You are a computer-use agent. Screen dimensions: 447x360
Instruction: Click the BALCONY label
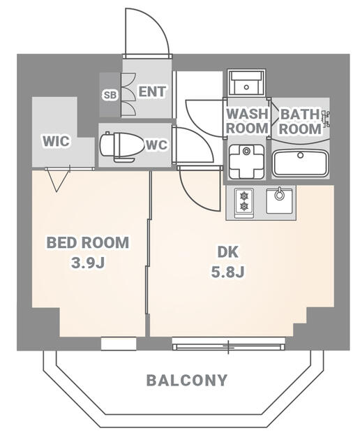(x=186, y=381)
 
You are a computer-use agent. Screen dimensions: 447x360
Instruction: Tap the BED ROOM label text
(x=88, y=243)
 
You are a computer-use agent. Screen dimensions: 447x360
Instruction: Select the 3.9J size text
(x=88, y=263)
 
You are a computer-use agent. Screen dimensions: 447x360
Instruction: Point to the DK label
(x=227, y=252)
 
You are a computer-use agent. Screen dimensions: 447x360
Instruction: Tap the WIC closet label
(x=55, y=141)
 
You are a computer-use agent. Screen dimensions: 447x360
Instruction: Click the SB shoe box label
(x=110, y=94)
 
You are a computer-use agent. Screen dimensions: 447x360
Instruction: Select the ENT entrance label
(x=151, y=91)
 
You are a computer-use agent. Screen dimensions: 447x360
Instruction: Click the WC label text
(x=155, y=145)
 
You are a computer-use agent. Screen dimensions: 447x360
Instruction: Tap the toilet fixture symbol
(x=117, y=145)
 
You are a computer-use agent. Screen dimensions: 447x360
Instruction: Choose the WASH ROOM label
(x=248, y=121)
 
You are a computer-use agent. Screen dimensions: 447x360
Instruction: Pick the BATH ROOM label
(x=301, y=121)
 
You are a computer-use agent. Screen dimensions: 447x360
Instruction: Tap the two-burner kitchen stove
(x=244, y=201)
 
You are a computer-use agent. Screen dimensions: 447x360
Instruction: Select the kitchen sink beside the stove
(x=280, y=200)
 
